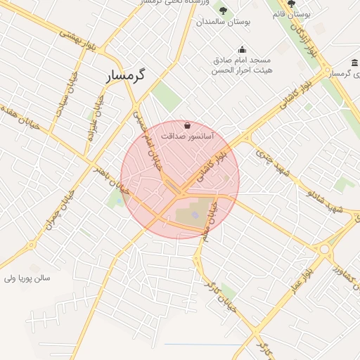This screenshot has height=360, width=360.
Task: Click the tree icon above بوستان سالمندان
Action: [x=223, y=11]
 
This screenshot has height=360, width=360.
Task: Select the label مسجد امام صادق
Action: [x=242, y=60]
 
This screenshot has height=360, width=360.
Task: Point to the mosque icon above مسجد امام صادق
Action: [x=242, y=49]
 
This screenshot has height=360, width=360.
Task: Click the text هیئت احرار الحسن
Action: [x=243, y=71]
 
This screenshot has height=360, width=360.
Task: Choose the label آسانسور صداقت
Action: [x=188, y=135]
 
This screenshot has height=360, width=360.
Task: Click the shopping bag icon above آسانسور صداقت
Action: [x=186, y=124]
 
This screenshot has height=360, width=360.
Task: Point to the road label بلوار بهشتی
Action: [x=77, y=39]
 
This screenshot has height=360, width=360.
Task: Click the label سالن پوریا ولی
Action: [x=27, y=278]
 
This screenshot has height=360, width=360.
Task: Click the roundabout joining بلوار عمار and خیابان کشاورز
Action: [x=324, y=249]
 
